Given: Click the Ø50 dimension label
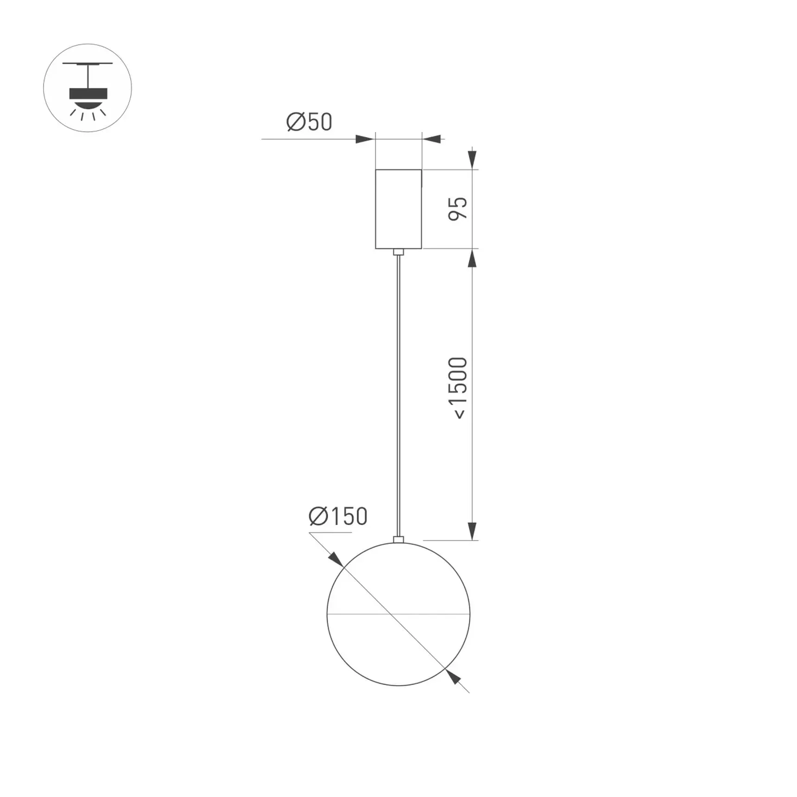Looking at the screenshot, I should pyautogui.click(x=309, y=122).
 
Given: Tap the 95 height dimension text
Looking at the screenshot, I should pyautogui.click(x=458, y=209).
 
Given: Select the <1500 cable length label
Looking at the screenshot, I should pyautogui.click(x=458, y=388).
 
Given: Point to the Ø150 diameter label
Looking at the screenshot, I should pyautogui.click(x=338, y=516).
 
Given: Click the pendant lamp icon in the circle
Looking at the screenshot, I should pyautogui.click(x=88, y=88).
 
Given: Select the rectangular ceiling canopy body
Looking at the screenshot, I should pyautogui.click(x=398, y=209).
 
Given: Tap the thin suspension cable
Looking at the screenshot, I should pyautogui.click(x=398, y=394).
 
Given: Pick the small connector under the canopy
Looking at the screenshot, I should pyautogui.click(x=398, y=252).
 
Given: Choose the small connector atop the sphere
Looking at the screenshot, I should pyautogui.click(x=398, y=539).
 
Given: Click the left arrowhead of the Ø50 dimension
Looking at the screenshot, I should pyautogui.click(x=365, y=139).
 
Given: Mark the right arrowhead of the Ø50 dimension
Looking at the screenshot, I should pyautogui.click(x=431, y=139).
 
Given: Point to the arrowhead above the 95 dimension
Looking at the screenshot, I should pyautogui.click(x=472, y=159).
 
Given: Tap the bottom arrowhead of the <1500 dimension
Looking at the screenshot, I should pyautogui.click(x=472, y=531).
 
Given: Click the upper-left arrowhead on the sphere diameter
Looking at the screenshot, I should pyautogui.click(x=336, y=559).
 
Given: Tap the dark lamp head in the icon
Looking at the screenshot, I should pyautogui.click(x=88, y=94).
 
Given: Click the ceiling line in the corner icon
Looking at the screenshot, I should pyautogui.click(x=88, y=63).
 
